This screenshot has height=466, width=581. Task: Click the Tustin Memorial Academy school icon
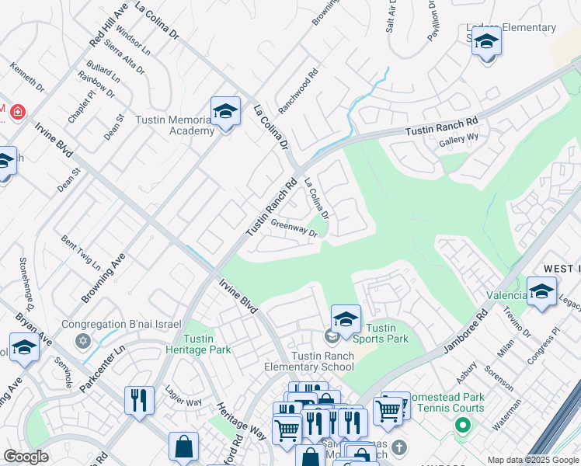click(x=225, y=113)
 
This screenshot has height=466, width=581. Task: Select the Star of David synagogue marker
click(x=82, y=340)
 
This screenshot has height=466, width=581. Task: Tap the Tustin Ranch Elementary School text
click(x=322, y=361)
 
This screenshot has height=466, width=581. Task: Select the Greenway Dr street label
click(x=294, y=229)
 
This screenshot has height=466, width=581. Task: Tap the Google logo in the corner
click(x=26, y=457)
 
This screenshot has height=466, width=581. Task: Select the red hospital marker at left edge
click(x=16, y=111)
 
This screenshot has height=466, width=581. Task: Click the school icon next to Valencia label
click(x=541, y=291)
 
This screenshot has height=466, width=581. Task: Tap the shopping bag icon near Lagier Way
click(x=183, y=446)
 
